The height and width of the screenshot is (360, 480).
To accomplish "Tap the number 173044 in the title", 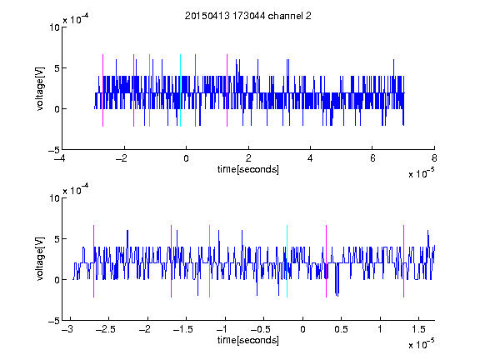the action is click(248, 16).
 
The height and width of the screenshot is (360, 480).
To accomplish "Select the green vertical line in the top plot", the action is click(149, 90).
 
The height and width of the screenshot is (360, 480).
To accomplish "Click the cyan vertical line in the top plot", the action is click(180, 90).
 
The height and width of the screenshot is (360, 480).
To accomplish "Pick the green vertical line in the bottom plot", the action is click(209, 261).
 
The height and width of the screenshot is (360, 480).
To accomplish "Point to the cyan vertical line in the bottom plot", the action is click(287, 261).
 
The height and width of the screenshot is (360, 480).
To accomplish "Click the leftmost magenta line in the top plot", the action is click(102, 90).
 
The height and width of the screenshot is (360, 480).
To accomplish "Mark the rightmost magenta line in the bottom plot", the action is click(403, 261).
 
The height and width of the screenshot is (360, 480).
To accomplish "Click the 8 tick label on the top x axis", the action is click(434, 158).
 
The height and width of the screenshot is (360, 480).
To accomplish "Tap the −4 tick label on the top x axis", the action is click(59, 158).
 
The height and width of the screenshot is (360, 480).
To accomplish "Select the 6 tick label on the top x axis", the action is click(372, 158).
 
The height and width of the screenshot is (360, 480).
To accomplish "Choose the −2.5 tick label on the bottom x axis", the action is click(106, 329).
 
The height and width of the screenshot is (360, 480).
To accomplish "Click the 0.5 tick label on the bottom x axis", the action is click(341, 329).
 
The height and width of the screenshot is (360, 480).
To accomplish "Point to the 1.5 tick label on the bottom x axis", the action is click(418, 329).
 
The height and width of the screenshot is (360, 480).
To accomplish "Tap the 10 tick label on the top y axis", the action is click(54, 27).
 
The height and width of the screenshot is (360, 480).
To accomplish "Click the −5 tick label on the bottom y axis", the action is click(54, 321).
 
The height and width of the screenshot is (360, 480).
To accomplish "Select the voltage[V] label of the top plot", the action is click(40, 88).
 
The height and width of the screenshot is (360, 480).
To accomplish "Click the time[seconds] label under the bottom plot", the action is click(248, 340).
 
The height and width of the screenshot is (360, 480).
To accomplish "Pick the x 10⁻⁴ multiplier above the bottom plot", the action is click(76, 189).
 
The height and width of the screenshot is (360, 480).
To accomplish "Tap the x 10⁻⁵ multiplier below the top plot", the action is click(421, 172).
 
